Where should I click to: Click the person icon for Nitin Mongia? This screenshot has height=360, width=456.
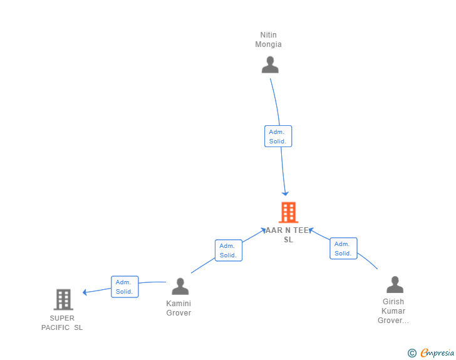270,64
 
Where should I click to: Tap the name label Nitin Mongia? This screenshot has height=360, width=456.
268,39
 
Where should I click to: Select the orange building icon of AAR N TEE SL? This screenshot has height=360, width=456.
288,213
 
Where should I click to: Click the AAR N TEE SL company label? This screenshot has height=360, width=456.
288,235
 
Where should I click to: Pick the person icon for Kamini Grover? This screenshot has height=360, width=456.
180,286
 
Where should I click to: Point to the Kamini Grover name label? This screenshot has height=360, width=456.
179,308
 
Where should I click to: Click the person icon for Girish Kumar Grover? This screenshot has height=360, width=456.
395,284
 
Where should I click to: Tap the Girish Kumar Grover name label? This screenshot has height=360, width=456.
393,311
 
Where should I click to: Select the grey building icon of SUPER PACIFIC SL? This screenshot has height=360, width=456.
63,299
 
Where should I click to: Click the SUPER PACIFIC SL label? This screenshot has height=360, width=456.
62,322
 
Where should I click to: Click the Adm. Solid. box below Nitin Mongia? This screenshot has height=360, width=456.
277,136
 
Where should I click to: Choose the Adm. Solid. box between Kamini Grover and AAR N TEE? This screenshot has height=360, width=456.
228,250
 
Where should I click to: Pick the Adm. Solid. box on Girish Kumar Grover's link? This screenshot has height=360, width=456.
343,249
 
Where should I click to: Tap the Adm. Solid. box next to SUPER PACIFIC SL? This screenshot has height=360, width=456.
124,287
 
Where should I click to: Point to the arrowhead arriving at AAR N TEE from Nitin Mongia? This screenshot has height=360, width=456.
286,193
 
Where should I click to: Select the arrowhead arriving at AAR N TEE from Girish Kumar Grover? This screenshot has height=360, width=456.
310,230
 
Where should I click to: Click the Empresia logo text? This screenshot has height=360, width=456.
437,353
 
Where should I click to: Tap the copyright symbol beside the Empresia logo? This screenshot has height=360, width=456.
412,353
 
